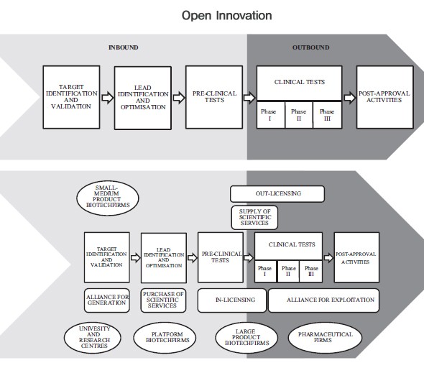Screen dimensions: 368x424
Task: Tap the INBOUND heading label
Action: pyautogui.click(x=123, y=47)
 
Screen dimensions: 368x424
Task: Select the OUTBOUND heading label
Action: pyautogui.click(x=311, y=47)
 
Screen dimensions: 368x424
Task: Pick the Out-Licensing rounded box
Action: pyautogui.click(x=277, y=193)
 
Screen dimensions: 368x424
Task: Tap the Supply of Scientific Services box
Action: pyautogui.click(x=254, y=217)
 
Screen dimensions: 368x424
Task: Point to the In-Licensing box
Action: pyautogui.click(x=231, y=300)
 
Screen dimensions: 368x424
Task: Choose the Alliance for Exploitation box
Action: pyautogui.click(x=323, y=300)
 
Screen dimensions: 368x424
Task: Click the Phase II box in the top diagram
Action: pyautogui.click(x=299, y=114)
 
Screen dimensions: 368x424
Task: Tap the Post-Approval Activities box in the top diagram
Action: pyautogui.click(x=384, y=97)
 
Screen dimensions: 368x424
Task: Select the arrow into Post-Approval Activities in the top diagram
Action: pyautogui.click(x=349, y=97)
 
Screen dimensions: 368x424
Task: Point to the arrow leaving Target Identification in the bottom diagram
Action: pyautogui.click(x=134, y=256)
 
